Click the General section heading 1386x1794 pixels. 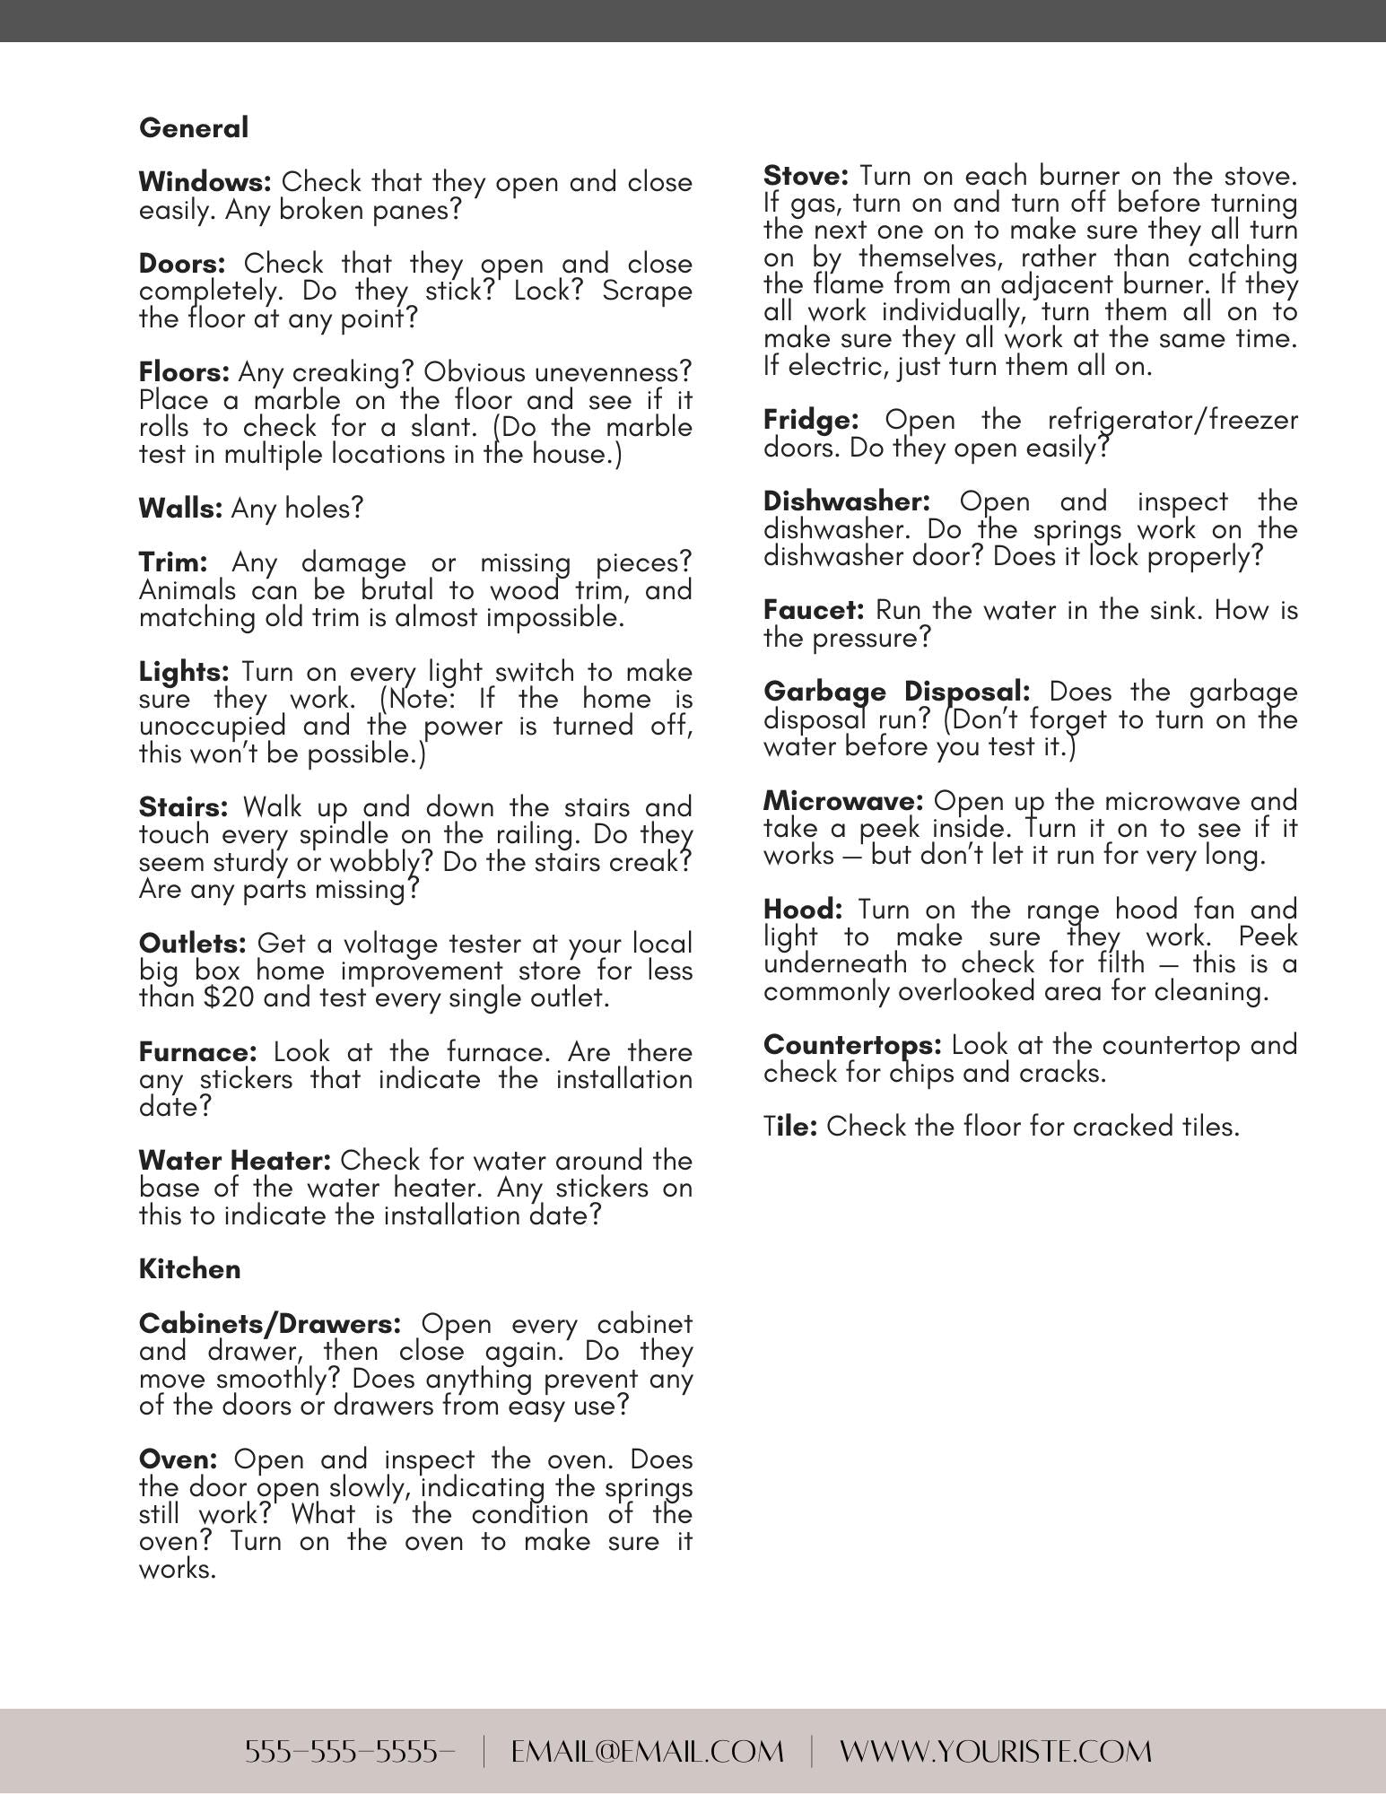pos(194,128)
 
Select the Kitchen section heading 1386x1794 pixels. pos(190,1269)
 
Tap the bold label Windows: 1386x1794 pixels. pos(205,182)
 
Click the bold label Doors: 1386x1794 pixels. pos(182,264)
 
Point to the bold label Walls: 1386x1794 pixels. pos(180,509)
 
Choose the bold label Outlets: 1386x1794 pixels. pos(192,944)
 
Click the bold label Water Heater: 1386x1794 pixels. pos(235,1161)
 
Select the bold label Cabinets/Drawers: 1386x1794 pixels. pos(270,1324)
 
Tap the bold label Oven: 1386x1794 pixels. pos(178,1459)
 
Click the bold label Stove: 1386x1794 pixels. pos(806,175)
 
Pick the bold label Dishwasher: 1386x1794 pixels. pos(847,501)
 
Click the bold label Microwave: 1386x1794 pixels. pos(843,800)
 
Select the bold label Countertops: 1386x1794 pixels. pos(852,1045)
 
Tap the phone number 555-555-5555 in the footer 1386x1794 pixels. pos(350,1751)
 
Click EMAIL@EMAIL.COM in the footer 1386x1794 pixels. pos(647,1751)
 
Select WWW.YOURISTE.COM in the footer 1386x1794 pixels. pos(996,1751)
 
